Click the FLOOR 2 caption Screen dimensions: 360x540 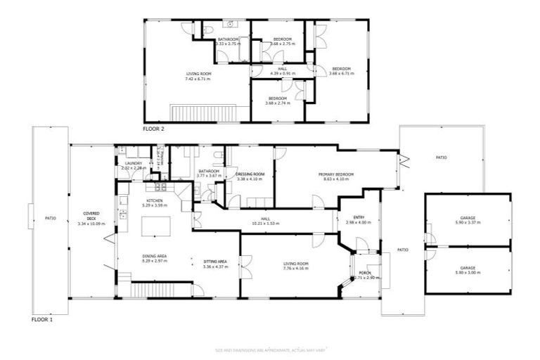tap(153, 129)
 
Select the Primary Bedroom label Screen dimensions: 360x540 tap(335, 174)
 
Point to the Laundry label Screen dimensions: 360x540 tap(133, 164)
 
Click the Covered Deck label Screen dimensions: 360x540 tap(90, 213)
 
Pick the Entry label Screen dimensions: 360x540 tap(359, 217)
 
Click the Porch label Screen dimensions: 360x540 tap(365, 273)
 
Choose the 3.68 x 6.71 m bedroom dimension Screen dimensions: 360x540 tap(341, 73)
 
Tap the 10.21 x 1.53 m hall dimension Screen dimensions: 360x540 tap(266, 223)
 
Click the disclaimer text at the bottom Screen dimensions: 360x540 tap(270, 349)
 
